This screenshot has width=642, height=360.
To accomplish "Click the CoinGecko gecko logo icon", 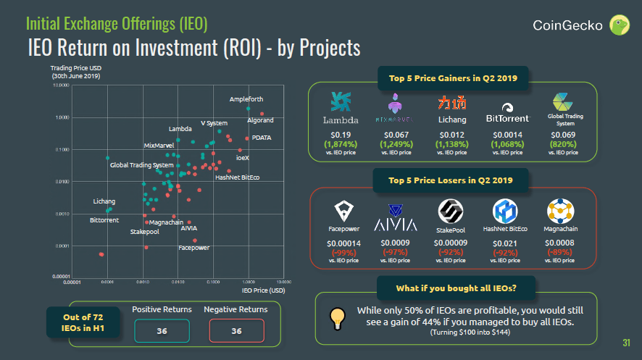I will click(x=619, y=25).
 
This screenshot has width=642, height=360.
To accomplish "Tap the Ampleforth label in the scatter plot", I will click(x=246, y=99).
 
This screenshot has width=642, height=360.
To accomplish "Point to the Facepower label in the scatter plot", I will click(x=194, y=248).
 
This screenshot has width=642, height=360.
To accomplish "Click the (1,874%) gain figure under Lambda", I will click(x=341, y=143).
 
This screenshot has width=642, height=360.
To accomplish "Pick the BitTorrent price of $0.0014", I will click(x=507, y=135).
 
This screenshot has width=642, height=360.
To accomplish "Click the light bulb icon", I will click(x=336, y=317).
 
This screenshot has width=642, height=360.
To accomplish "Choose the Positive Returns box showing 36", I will click(x=162, y=330).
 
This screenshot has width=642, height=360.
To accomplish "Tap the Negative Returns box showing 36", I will click(x=235, y=330).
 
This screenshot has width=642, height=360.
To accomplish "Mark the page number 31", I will click(x=627, y=343).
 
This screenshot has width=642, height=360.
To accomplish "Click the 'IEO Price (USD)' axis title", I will click(x=263, y=290).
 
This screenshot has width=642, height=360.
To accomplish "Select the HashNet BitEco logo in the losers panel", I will click(x=505, y=211).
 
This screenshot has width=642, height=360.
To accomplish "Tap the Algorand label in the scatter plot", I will click(x=260, y=120).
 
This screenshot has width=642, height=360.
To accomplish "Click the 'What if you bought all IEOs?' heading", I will click(x=456, y=288).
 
